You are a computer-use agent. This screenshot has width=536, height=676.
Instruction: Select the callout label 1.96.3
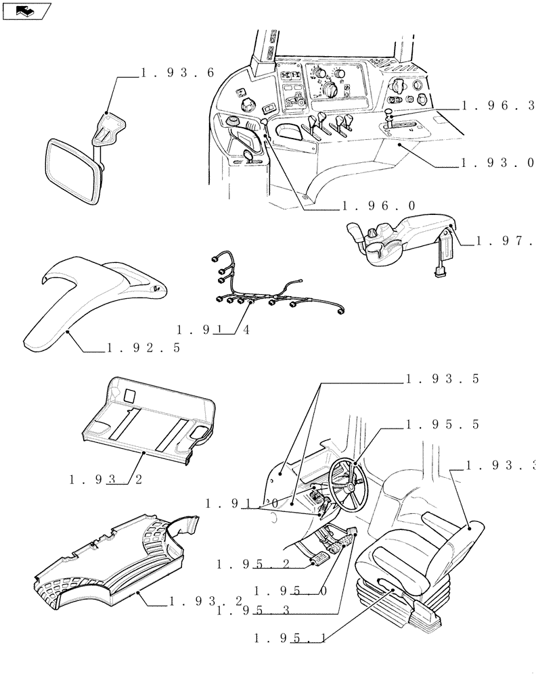point(498,105)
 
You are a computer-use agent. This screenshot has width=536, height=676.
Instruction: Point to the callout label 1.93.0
point(497,163)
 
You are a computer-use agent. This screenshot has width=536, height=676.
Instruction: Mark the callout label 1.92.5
point(143,348)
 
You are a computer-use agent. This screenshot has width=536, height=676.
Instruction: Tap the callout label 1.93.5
point(442,379)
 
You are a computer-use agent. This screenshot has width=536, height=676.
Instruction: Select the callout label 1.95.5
point(442,425)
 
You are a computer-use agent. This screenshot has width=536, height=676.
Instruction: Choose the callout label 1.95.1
point(291,637)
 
